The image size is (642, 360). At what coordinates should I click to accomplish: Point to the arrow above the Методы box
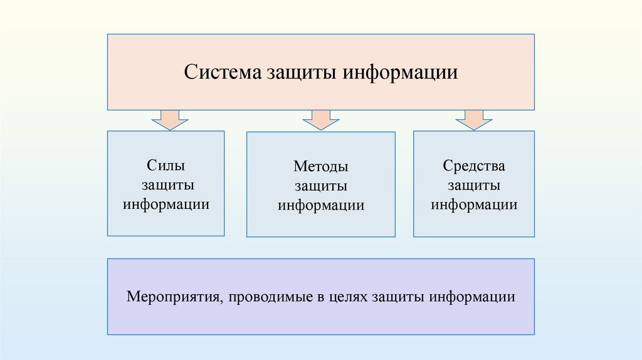(x=320, y=119)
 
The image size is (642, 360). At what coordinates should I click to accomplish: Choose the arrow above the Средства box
(x=474, y=119)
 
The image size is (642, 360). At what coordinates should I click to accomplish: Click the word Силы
(x=166, y=166)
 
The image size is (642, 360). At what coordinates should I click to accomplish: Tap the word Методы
(x=321, y=167)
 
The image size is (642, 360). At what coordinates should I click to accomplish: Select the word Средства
(x=474, y=166)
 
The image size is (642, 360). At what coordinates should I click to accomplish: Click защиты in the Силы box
(x=167, y=186)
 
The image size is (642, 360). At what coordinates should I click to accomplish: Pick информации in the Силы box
(x=166, y=205)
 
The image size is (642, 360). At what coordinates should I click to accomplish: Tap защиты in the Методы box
(x=321, y=187)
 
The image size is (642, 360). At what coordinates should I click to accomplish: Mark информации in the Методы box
(x=321, y=206)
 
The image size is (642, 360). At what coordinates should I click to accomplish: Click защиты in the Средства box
(x=474, y=186)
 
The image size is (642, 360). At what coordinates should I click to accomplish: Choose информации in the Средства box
(x=474, y=205)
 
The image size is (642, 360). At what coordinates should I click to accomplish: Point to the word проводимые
(x=274, y=295)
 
